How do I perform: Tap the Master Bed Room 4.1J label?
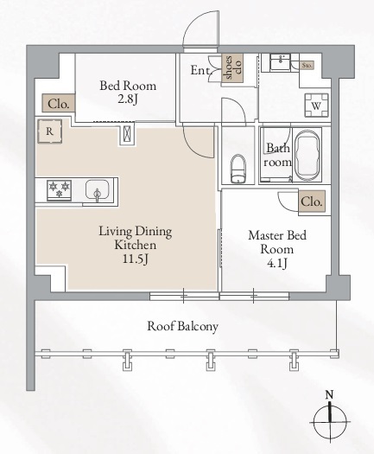coord(273,247)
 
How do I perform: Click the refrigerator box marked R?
coord(50,132)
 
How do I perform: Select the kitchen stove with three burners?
coord(60,189)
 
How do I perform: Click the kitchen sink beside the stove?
coord(96,189)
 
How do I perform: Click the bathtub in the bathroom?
coord(307,156)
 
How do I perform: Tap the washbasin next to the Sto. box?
coord(280,63)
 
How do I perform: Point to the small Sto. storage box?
coord(308,64)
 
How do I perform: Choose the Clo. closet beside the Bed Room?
coord(58,104)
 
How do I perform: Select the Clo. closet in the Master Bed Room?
coord(312,201)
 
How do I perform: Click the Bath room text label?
coord(276,156)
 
